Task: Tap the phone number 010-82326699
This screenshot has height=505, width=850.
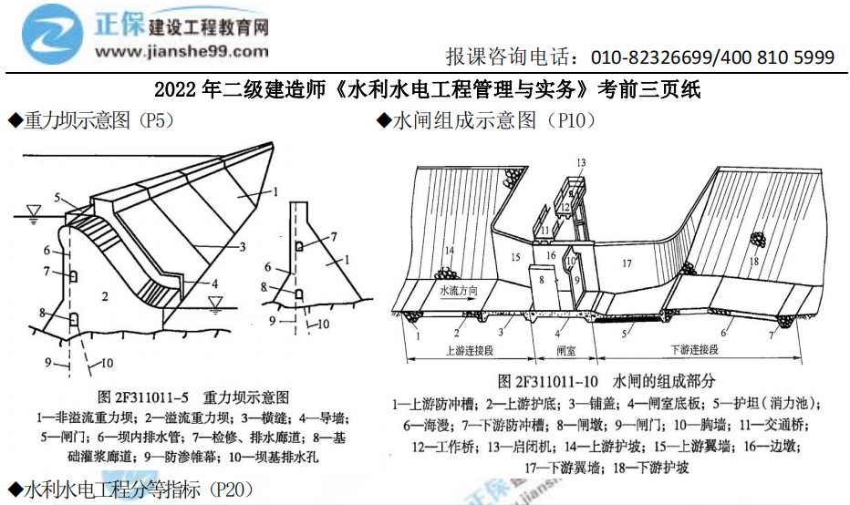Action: click(x=654, y=57)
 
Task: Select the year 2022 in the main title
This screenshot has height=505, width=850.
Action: click(x=173, y=91)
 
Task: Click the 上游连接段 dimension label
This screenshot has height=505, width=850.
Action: click(x=466, y=348)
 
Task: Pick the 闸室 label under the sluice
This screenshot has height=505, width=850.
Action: click(x=565, y=348)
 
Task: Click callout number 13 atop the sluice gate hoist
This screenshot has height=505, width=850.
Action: click(x=579, y=162)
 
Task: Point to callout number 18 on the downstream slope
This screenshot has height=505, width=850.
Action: click(x=754, y=262)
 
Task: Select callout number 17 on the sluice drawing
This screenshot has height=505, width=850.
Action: click(x=626, y=264)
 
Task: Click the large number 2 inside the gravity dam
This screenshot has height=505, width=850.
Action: click(x=106, y=296)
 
